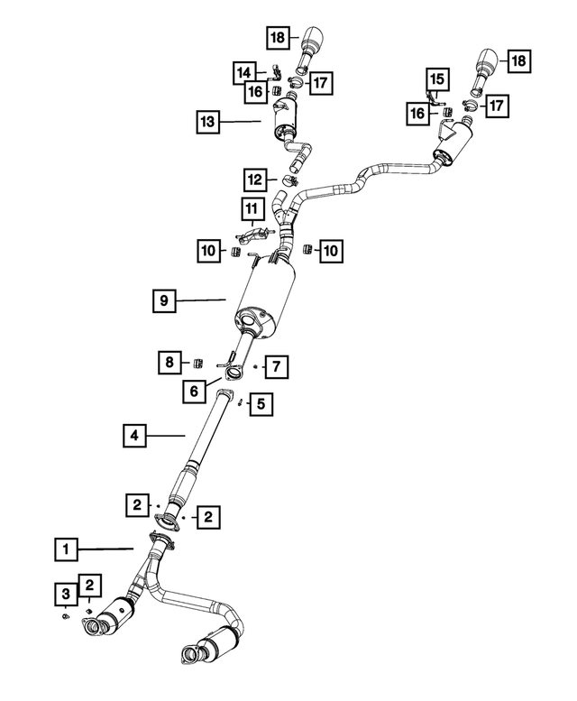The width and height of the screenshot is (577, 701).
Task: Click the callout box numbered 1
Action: (x=65, y=548)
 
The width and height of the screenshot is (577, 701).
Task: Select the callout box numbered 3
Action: (x=66, y=593)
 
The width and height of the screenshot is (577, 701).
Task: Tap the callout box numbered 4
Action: (x=134, y=437)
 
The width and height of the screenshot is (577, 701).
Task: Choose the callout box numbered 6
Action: (x=192, y=391)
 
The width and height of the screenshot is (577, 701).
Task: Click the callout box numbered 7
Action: (x=277, y=366)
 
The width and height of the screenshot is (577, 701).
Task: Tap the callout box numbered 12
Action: (x=256, y=178)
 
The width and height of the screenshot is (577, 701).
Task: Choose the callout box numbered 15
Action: (x=436, y=79)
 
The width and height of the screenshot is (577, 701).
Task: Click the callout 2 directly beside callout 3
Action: (x=90, y=586)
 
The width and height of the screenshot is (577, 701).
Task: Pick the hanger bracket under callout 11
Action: (x=254, y=235)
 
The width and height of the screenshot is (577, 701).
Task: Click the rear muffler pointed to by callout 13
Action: (x=287, y=120)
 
